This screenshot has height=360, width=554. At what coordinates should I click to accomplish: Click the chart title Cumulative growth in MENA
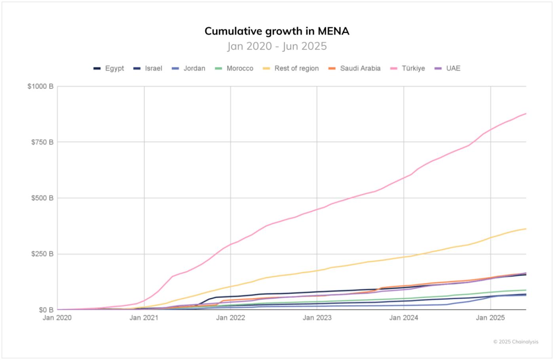click(x=277, y=31)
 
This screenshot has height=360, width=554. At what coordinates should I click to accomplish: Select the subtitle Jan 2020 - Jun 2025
click(x=277, y=46)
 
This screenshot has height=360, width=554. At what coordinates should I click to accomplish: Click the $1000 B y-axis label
click(x=40, y=86)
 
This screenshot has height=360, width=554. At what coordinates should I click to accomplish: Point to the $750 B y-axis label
click(x=42, y=142)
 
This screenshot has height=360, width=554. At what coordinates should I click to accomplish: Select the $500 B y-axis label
click(x=42, y=198)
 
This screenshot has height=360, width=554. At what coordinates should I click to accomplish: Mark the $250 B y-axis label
click(x=42, y=254)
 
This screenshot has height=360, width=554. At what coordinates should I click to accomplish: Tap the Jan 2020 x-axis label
click(x=57, y=318)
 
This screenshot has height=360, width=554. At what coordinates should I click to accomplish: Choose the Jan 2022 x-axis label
click(x=230, y=318)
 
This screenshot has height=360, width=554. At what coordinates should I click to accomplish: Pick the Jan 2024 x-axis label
click(x=404, y=318)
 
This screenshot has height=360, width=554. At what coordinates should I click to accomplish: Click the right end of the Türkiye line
click(x=526, y=114)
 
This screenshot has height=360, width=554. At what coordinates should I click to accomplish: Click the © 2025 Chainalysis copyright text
click(x=516, y=342)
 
